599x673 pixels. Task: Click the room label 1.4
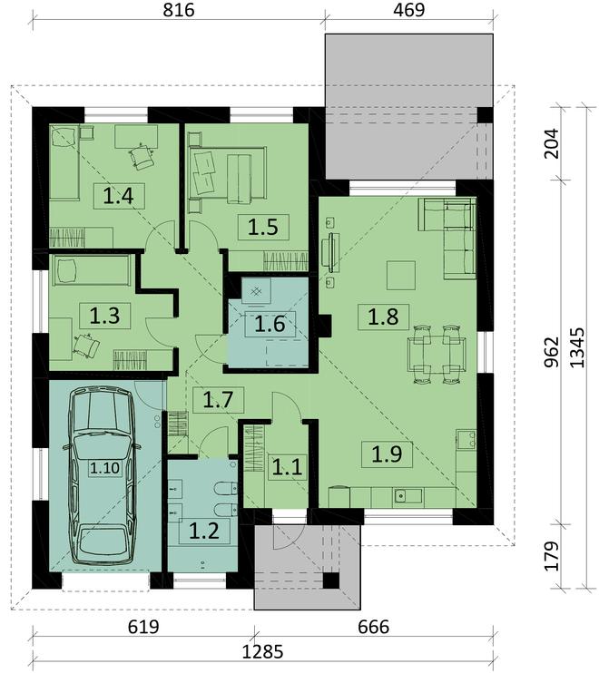click(x=119, y=196)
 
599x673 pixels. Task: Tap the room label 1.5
click(x=263, y=227)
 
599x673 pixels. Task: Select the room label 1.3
click(x=104, y=316)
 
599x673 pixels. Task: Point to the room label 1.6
click(x=270, y=324)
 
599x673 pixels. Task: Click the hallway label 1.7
click(x=218, y=400)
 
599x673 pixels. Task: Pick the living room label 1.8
click(x=383, y=317)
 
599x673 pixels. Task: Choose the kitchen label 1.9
click(x=387, y=454)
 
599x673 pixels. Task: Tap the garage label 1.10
click(x=104, y=467)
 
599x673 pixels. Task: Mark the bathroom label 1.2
click(x=204, y=531)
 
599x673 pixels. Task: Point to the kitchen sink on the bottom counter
click(x=408, y=496)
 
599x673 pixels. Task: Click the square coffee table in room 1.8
click(x=401, y=276)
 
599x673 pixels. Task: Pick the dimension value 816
click(x=179, y=10)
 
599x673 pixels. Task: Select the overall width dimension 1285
click(x=263, y=652)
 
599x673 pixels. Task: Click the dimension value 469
click(x=408, y=10)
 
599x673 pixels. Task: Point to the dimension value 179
click(x=551, y=556)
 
